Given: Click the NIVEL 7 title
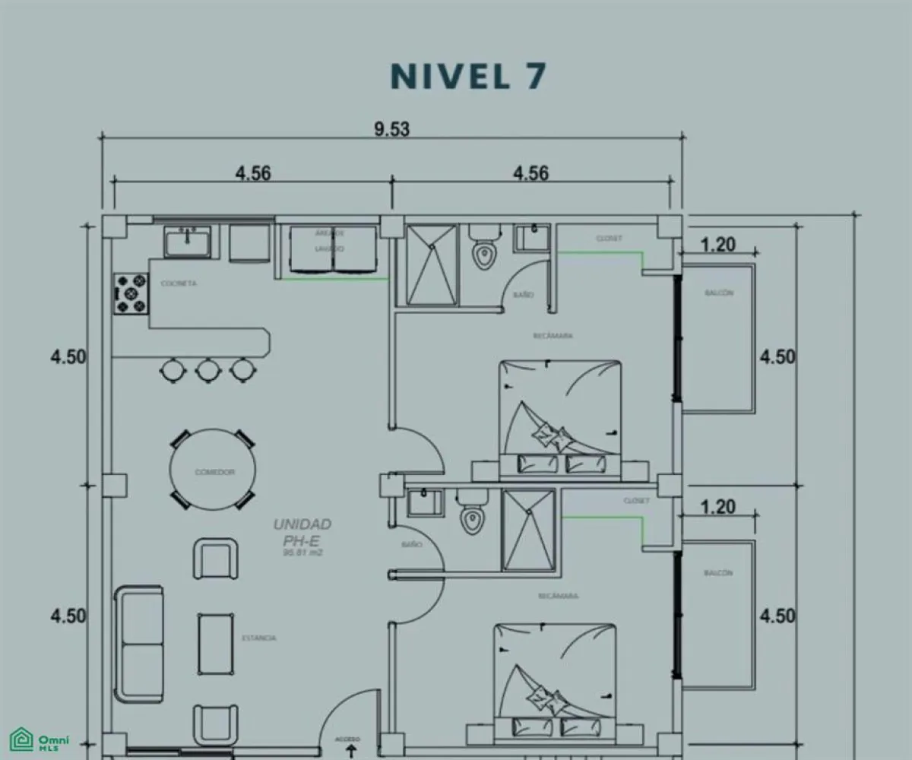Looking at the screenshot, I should click(468, 77).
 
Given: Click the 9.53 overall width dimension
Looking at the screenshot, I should click(391, 128).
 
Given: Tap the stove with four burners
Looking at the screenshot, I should click(130, 294).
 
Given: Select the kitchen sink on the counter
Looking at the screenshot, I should click(187, 242).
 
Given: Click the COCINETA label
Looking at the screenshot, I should click(179, 283).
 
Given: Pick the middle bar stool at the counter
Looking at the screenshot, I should click(207, 370).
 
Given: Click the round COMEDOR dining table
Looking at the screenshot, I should click(214, 472).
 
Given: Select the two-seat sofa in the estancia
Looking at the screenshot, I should click(139, 645).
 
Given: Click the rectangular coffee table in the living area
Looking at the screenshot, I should click(216, 643).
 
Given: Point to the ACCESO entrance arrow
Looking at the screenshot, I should click(350, 747).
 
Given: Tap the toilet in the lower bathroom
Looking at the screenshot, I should click(471, 513).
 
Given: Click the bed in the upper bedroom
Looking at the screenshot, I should click(560, 418).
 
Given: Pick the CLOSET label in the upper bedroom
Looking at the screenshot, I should click(609, 239).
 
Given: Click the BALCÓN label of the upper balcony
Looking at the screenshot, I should click(719, 293).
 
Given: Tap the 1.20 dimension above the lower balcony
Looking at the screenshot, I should click(717, 506).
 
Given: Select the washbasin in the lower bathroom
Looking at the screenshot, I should click(423, 502).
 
